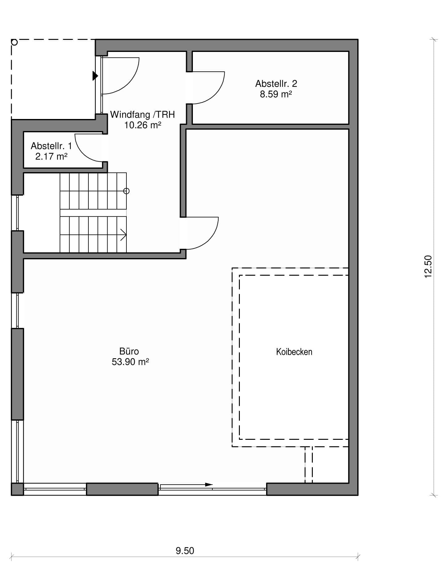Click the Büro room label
point(129,351)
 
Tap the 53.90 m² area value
point(130,362)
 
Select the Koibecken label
point(294,352)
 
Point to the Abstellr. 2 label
point(276,83)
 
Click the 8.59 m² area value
point(276,94)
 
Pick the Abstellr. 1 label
point(51,146)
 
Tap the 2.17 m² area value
point(51,156)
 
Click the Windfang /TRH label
point(142,115)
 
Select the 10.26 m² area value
point(142,125)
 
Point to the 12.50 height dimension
point(428,266)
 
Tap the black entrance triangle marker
point(95,76)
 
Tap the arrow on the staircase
point(123,234)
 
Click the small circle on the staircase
point(126,191)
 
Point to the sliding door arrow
point(187,484)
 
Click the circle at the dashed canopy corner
point(15,42)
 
